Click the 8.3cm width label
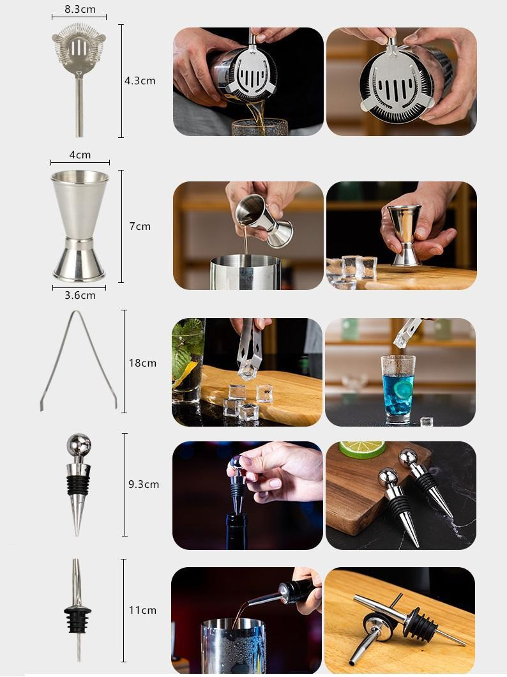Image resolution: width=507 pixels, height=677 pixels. (x=80, y=9)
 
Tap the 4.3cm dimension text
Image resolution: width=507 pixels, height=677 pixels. (x=140, y=80)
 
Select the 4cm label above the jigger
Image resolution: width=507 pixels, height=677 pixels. (x=80, y=155)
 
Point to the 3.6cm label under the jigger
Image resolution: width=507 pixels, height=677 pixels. (x=80, y=295)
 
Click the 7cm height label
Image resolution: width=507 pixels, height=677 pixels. (x=140, y=226)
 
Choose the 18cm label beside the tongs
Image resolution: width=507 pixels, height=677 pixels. (x=142, y=363)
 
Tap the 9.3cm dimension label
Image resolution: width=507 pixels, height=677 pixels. (x=144, y=484)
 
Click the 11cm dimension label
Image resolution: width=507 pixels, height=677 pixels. (x=142, y=610)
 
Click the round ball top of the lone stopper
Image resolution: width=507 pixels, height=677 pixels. (x=79, y=445)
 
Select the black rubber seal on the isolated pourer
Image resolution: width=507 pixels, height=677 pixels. (x=78, y=618)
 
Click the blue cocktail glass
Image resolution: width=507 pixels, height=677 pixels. (x=398, y=388)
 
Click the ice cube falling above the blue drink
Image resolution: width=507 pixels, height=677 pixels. (x=401, y=340)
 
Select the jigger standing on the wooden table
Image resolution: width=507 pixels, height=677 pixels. (x=405, y=235)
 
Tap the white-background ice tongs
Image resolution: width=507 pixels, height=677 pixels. (x=78, y=360)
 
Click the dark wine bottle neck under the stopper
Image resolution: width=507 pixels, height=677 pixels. (x=237, y=531)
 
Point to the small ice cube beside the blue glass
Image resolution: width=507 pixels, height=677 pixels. (x=427, y=422)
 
